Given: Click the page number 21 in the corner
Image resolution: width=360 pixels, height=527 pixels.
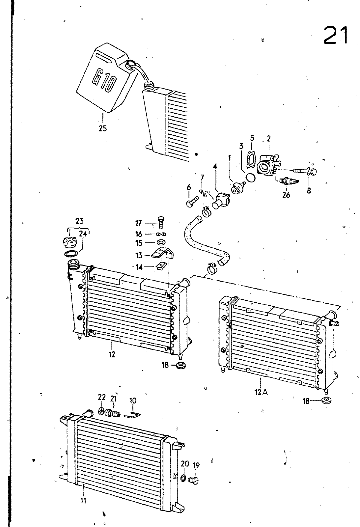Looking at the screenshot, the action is click(335, 35).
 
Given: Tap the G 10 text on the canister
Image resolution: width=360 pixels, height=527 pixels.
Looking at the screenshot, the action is click(103, 83).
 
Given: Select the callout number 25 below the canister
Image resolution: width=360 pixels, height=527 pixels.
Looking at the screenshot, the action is click(102, 128).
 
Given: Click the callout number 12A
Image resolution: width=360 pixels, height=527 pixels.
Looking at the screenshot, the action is click(261, 392).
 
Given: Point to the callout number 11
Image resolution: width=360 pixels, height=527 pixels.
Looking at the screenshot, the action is click(83, 501).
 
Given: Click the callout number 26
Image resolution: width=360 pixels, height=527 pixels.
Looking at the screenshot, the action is click(286, 195).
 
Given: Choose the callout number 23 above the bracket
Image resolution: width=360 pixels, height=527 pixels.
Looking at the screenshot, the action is click(79, 221).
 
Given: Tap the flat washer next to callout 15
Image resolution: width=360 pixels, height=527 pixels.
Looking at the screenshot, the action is click(161, 242).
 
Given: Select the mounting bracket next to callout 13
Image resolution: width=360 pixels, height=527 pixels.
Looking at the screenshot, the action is click(162, 254).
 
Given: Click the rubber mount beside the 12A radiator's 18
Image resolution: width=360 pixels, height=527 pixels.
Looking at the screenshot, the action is click(326, 400).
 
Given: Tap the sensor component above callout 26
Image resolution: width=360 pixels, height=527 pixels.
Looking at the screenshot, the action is click(289, 181).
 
